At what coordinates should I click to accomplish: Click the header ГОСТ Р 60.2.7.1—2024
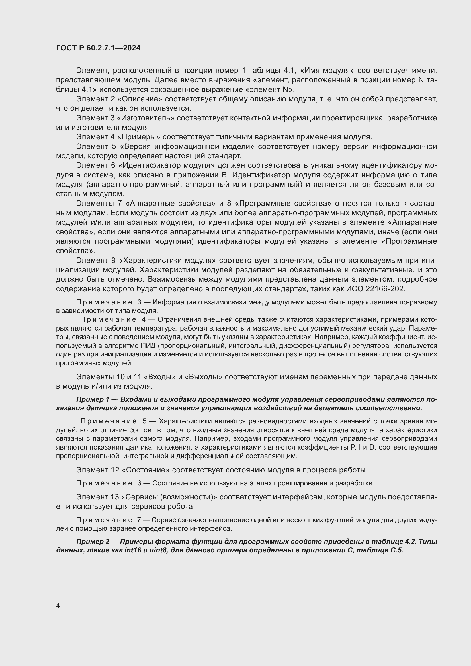(x=98, y=48)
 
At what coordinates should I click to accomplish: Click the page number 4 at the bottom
(x=58, y=606)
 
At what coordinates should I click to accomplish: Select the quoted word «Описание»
(x=140, y=99)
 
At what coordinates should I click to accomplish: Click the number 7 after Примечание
(x=139, y=520)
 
